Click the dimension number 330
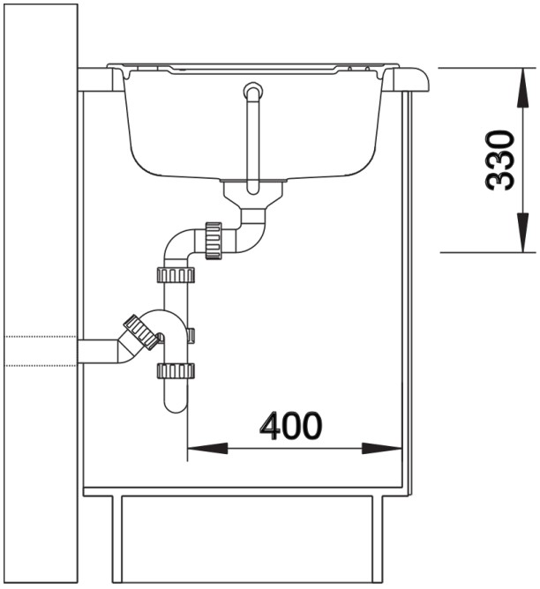click(499, 160)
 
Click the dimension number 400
click(291, 426)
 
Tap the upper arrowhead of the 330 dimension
click(522, 88)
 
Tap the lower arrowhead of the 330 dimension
click(522, 232)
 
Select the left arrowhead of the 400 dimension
click(207, 448)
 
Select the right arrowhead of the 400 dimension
click(381, 448)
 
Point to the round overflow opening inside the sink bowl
click(253, 91)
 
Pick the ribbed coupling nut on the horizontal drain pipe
click(214, 242)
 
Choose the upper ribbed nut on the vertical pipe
click(176, 275)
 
